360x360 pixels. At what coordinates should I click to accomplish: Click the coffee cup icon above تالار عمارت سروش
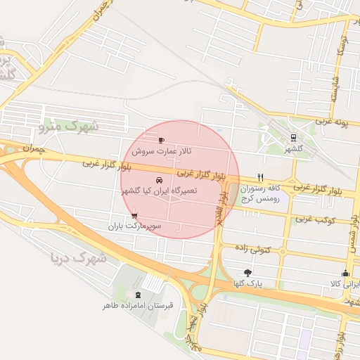[162, 140]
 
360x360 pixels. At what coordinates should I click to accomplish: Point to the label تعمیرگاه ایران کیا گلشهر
[159, 191]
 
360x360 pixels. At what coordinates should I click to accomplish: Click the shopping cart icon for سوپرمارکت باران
[134, 216]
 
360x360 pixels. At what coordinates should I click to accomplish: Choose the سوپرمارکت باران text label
[134, 226]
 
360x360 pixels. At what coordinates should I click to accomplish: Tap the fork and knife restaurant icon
[261, 177]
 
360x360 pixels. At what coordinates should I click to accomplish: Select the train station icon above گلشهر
[293, 138]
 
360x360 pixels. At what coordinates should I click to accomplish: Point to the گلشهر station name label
[293, 149]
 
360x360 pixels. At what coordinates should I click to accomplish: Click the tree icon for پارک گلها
[247, 272]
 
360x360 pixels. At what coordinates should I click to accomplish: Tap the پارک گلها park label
[247, 283]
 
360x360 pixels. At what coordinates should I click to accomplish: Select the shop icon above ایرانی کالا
[345, 274]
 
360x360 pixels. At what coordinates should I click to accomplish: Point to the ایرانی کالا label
[345, 284]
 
